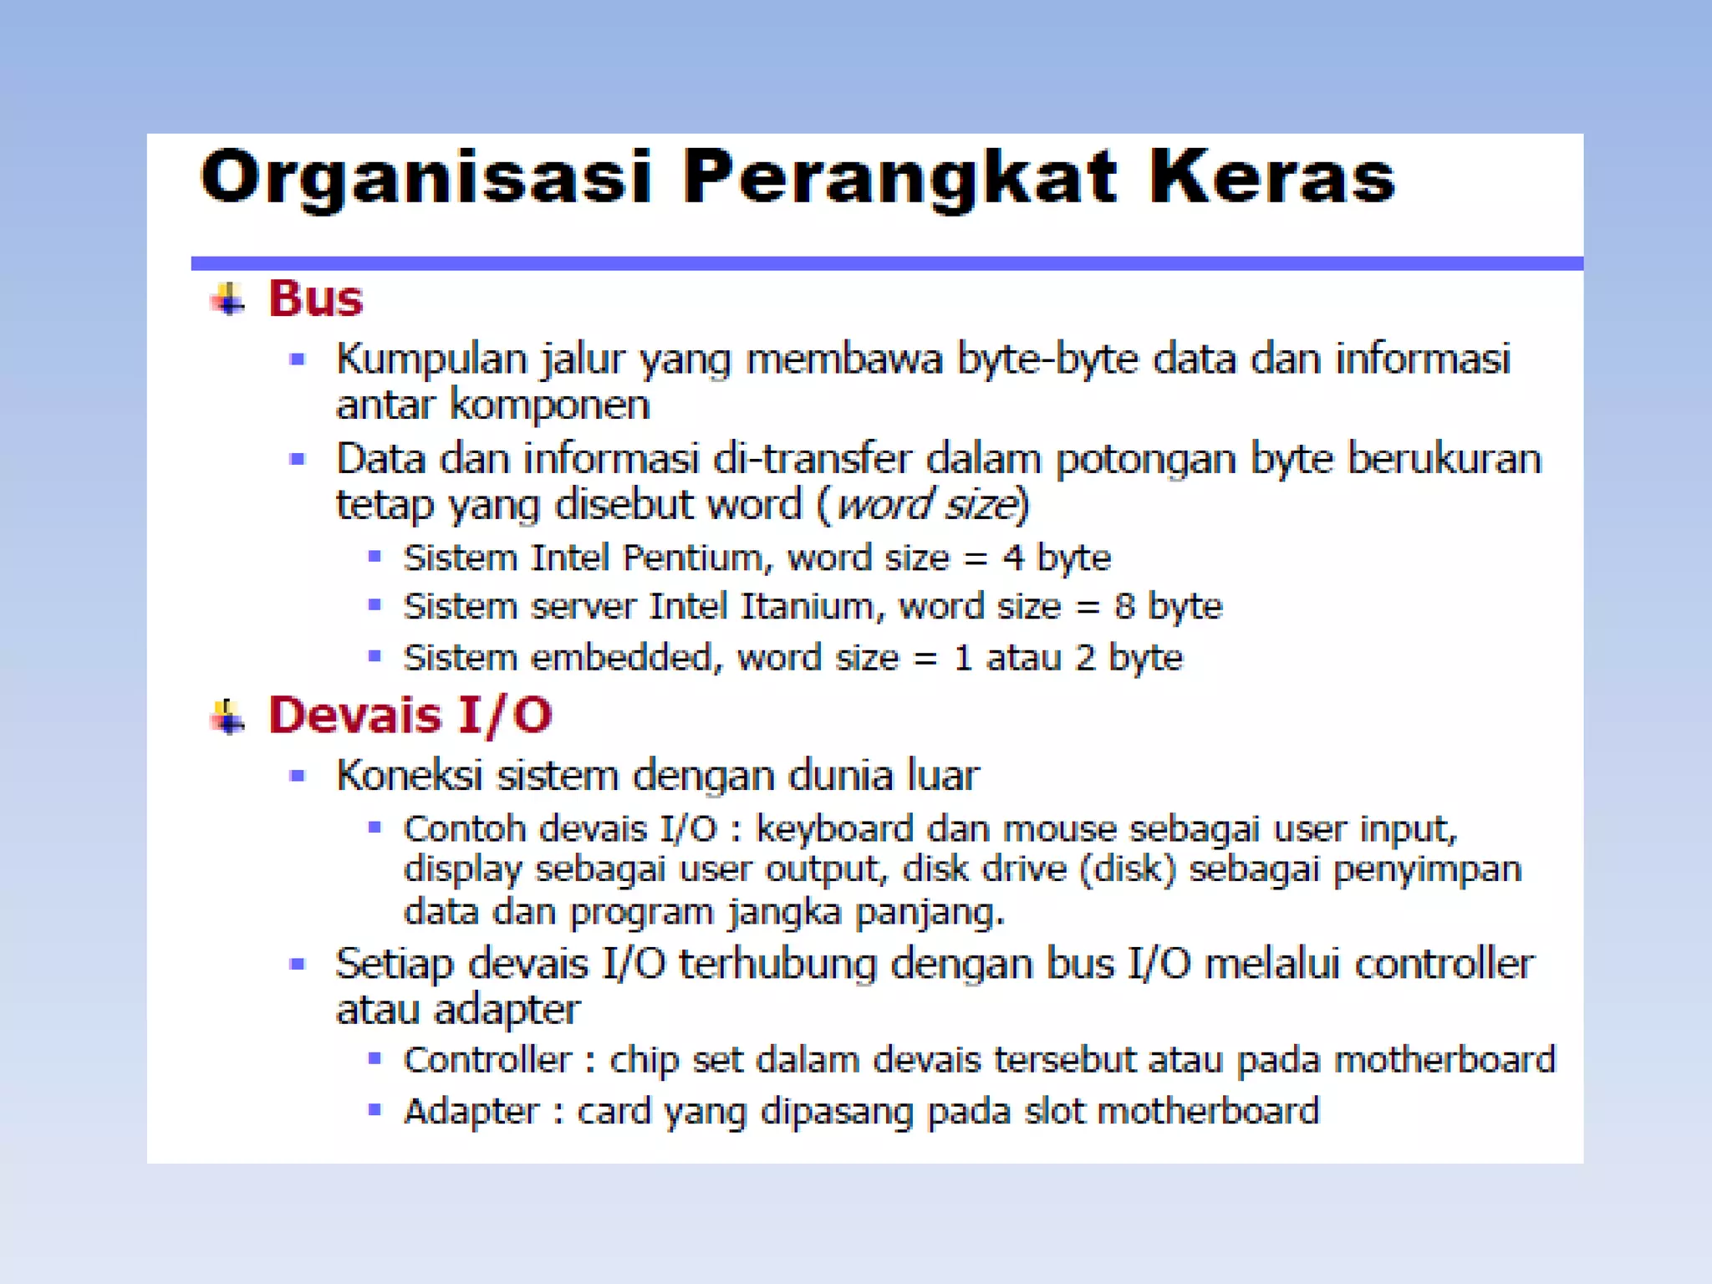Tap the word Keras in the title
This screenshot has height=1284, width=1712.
click(x=1271, y=177)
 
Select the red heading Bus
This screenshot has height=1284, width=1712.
click(x=315, y=298)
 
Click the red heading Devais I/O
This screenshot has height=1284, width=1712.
click(x=410, y=716)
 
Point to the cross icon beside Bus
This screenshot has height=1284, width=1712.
click(x=227, y=299)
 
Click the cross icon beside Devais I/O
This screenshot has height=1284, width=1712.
click(x=227, y=716)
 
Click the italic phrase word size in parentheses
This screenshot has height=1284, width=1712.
click(x=928, y=505)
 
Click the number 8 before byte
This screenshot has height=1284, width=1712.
click(x=1124, y=606)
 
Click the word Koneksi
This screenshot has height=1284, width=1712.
click(x=409, y=775)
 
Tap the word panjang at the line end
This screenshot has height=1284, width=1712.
click(x=929, y=912)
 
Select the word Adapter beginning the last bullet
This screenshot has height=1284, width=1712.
click(x=471, y=1112)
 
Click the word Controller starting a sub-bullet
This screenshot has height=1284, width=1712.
click(x=487, y=1060)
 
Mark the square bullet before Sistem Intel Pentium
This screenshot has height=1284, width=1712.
click(x=374, y=556)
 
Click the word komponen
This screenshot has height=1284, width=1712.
click(x=549, y=405)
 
